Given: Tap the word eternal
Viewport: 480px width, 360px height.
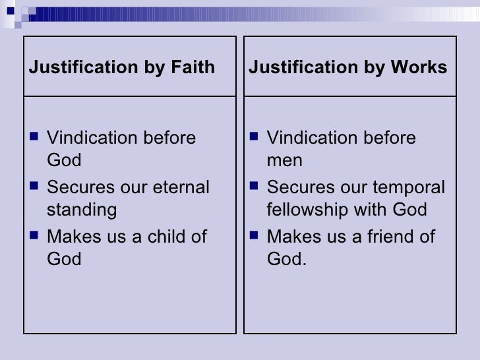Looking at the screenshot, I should (177, 187).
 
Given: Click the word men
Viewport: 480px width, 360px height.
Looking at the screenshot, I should (284, 161).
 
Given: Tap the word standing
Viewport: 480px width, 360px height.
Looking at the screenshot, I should (81, 210).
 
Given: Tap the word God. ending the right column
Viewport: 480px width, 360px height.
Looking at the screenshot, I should (287, 259).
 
